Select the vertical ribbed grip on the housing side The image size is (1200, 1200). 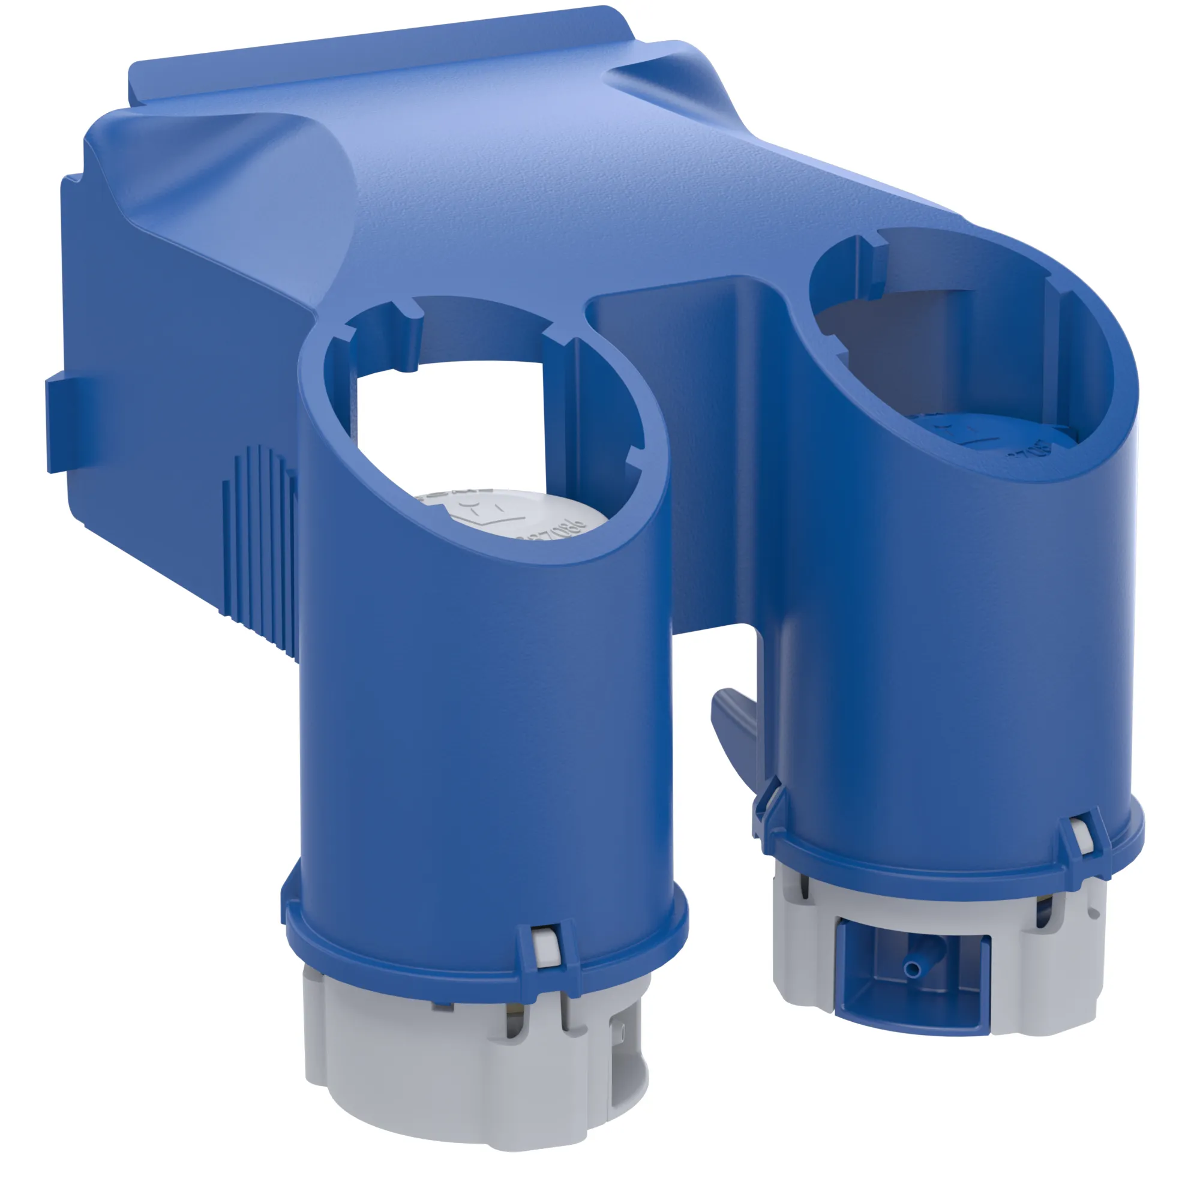coord(261,547)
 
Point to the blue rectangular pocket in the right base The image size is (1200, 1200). coord(907,988)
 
